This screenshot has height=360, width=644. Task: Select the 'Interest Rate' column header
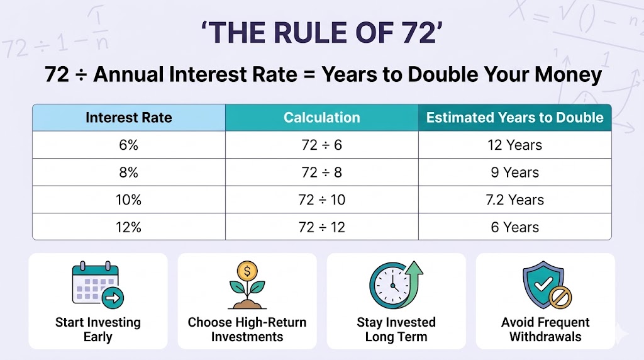(x=128, y=118)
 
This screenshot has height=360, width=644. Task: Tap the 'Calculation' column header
(x=321, y=118)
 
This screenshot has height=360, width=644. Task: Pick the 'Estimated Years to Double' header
(x=514, y=118)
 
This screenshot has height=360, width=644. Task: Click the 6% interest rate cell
(x=128, y=145)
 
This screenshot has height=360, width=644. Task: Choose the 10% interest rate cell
(x=128, y=200)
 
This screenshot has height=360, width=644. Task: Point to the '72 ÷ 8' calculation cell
(x=321, y=172)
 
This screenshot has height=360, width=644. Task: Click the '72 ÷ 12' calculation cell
(x=321, y=227)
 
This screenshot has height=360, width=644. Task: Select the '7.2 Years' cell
(x=514, y=200)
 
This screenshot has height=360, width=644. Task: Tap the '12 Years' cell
(x=514, y=145)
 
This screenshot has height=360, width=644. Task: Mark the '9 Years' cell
(x=514, y=172)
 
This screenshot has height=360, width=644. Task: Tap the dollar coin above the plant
(x=247, y=272)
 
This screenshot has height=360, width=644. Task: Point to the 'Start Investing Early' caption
(x=97, y=330)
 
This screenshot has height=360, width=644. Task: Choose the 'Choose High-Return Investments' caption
(x=247, y=330)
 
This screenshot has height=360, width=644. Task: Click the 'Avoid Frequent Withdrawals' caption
(x=545, y=330)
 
